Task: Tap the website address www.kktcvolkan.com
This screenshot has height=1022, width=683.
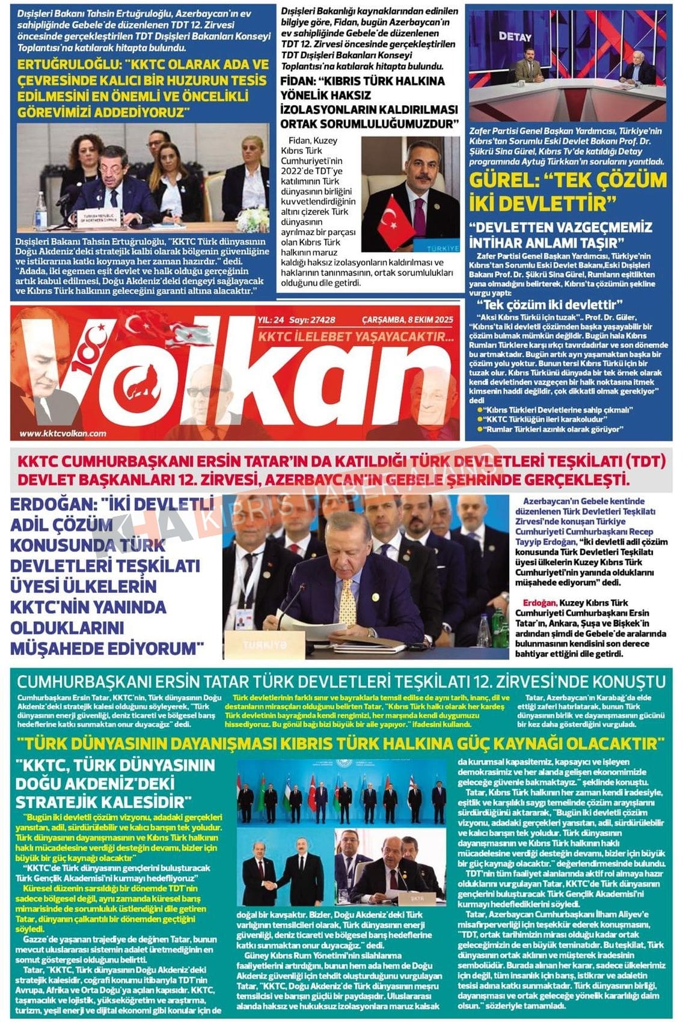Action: [x=63, y=433]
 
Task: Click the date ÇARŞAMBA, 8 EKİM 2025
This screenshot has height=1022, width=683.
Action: [x=407, y=320]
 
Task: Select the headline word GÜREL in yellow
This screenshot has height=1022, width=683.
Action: [x=507, y=180]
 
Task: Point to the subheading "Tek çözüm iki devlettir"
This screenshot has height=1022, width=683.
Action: [x=550, y=304]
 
